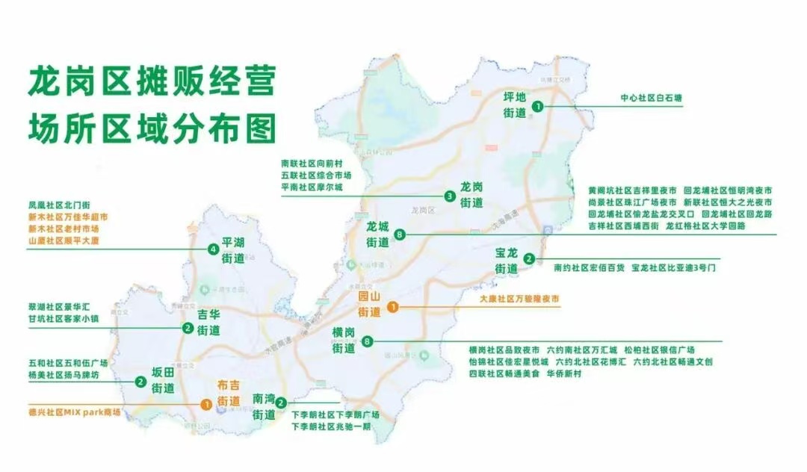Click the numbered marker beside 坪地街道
(537, 107)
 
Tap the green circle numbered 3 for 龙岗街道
(450, 196)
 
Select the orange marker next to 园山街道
(393, 306)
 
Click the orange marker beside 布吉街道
(205, 404)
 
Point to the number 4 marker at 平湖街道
(214, 249)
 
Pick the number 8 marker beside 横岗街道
(367, 342)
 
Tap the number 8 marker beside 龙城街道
(401, 235)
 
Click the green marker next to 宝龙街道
(529, 259)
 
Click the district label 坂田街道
(163, 381)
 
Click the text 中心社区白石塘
(652, 98)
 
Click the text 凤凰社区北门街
(58, 204)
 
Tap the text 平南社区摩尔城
(312, 187)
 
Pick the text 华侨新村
(563, 373)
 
